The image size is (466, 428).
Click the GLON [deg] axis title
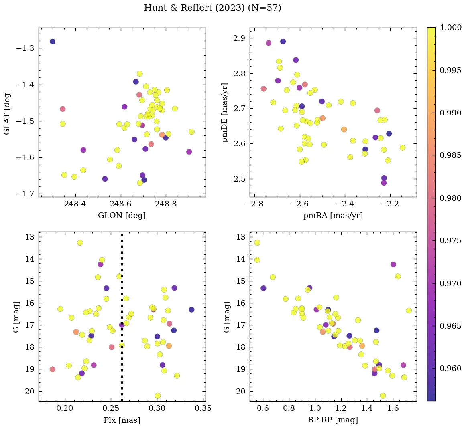tap(122, 216)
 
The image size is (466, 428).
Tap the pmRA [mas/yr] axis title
tap(333, 216)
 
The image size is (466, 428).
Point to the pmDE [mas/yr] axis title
tap(225, 112)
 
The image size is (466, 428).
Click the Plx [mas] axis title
tap(122, 420)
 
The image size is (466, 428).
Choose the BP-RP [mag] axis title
tap(333, 420)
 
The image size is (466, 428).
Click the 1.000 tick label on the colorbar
tap(450, 28)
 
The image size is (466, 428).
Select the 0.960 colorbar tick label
tap(450, 368)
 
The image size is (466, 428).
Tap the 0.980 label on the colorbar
tap(450, 198)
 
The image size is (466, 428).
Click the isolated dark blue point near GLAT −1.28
tap(52, 42)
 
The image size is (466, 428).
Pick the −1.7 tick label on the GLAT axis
tap(24, 194)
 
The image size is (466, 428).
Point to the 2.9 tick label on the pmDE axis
tap(240, 38)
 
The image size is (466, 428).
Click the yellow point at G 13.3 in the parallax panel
tap(80, 243)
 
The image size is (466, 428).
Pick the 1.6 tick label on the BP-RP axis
tap(393, 409)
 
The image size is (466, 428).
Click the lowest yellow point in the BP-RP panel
tap(383, 396)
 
